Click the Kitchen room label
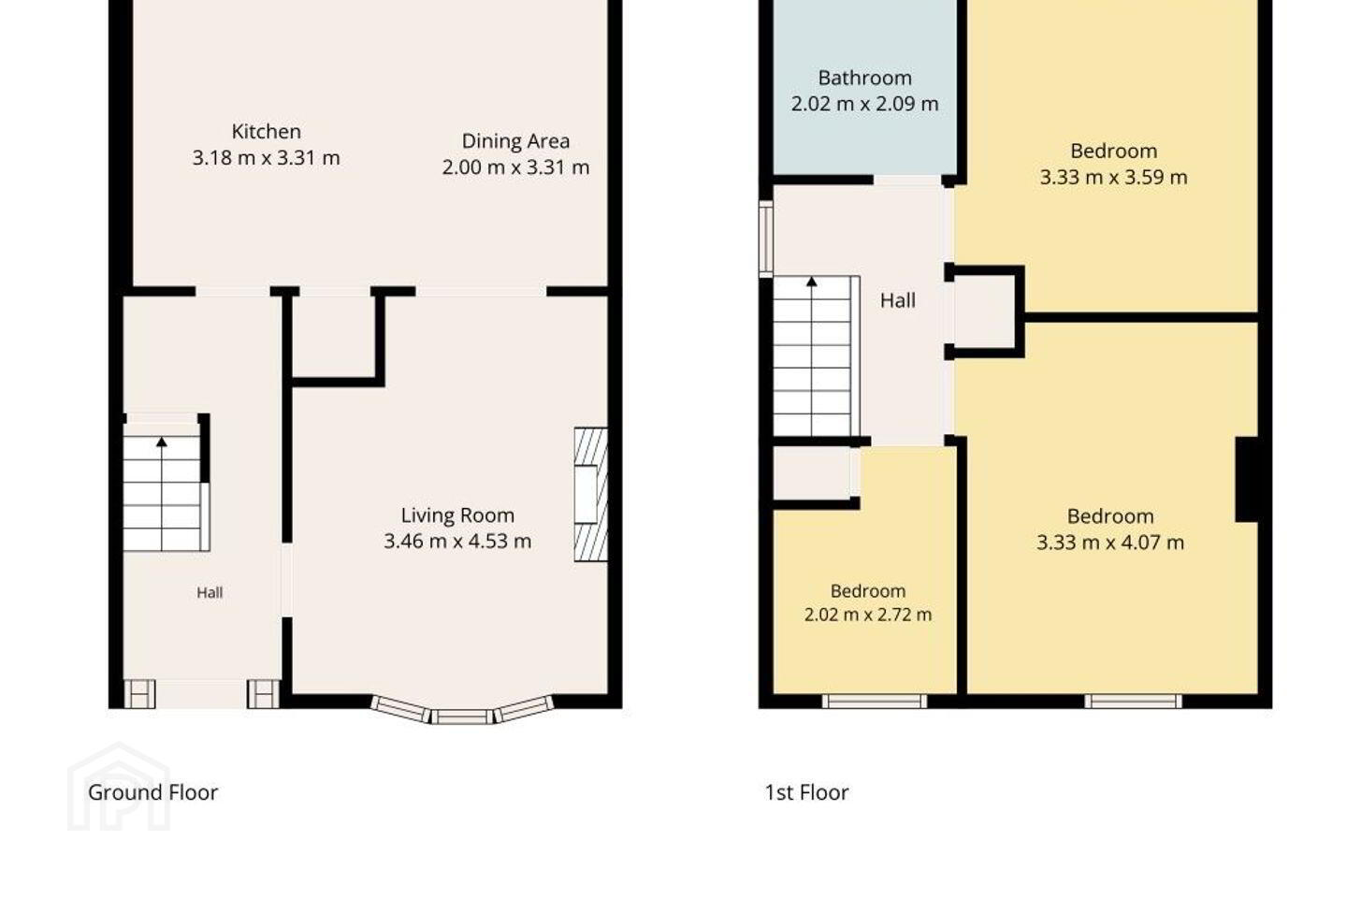(x=266, y=131)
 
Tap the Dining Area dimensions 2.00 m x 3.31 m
(x=515, y=167)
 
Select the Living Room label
(x=457, y=515)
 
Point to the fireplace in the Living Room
(x=590, y=495)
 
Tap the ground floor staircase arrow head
(x=161, y=442)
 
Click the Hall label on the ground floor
(x=210, y=593)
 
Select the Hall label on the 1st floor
(x=898, y=301)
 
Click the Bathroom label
(x=864, y=79)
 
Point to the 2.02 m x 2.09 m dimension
(x=864, y=104)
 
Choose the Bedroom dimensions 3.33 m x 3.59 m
(x=1114, y=178)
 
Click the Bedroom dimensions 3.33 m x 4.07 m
(x=1110, y=543)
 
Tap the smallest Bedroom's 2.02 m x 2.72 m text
(x=868, y=615)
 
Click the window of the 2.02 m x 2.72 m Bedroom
(x=875, y=702)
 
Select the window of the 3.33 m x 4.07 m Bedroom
(x=1133, y=702)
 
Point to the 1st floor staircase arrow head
(x=812, y=281)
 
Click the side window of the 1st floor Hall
(x=765, y=239)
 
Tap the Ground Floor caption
(x=152, y=792)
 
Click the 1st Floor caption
(x=806, y=792)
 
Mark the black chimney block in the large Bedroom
(x=1247, y=479)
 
